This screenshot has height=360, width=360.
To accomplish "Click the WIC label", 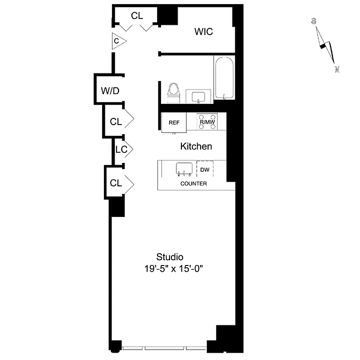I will pos(203,32).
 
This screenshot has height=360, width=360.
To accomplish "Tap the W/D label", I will pos(110,91).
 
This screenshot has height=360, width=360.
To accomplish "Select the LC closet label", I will pos(121,149).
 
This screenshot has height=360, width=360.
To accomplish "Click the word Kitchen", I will pos(196,146).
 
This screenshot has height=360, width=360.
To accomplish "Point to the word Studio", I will pos(170,257).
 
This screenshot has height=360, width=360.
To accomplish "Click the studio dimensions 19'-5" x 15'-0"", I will pos(175,269).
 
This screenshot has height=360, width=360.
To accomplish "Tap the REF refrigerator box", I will pos(174,123).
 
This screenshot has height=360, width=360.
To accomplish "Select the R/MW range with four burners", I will pos(207,122).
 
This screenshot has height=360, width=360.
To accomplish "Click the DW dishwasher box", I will pos(205,170).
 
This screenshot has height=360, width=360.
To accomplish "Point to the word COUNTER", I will pos(193,184).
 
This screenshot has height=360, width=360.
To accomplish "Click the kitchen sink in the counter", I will pos(184,169).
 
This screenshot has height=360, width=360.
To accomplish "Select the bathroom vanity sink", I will pos(198,96).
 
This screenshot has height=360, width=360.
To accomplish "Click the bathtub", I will pos(224,77).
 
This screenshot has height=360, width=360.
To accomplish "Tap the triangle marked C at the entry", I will pos(118,41).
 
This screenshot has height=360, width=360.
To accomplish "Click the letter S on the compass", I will pos(314,21).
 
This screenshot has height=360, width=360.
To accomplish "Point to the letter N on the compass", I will pos(337,69).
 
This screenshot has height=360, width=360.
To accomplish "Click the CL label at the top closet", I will pos(137,16).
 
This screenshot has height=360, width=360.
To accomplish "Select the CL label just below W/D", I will pos(116,121).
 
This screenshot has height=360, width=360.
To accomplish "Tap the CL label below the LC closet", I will pos(116,183).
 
